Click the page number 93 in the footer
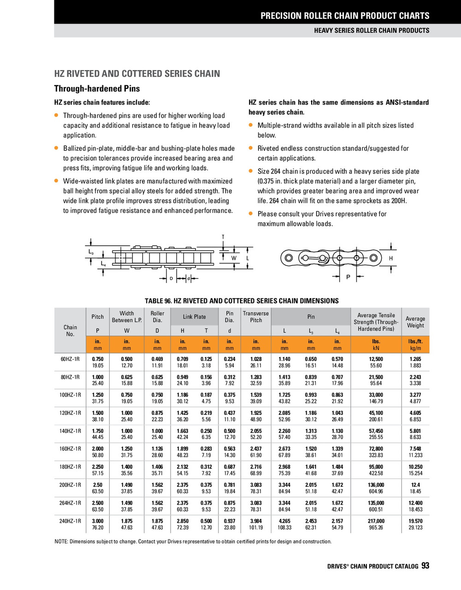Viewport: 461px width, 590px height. click(x=425, y=566)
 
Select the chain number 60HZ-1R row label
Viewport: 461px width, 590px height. click(x=70, y=359)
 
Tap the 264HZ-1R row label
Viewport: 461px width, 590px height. click(x=70, y=503)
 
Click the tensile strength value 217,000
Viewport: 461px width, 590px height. click(x=376, y=521)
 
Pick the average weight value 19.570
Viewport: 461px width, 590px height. click(x=415, y=521)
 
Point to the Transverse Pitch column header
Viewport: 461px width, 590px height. click(x=256, y=317)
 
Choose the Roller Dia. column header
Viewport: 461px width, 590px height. click(x=157, y=317)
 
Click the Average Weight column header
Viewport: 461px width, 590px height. click(x=415, y=322)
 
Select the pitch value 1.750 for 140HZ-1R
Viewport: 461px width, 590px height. click(x=98, y=431)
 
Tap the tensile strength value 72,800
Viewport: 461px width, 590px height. click(x=376, y=449)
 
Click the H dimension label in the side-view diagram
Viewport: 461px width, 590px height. click(x=391, y=259)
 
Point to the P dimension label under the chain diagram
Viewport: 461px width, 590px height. click(x=348, y=277)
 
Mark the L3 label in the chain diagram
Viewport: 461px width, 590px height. click(x=91, y=253)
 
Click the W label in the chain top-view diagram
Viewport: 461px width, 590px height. click(x=234, y=258)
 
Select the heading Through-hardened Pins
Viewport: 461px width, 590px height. click(x=97, y=88)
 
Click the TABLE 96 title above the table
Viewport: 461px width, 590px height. click(x=242, y=301)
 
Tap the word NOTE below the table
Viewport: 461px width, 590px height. click(x=61, y=541)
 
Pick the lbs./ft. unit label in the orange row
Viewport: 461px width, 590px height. click(x=415, y=342)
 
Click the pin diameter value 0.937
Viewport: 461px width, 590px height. click(x=230, y=521)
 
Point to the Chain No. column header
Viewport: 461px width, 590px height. click(x=70, y=330)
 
